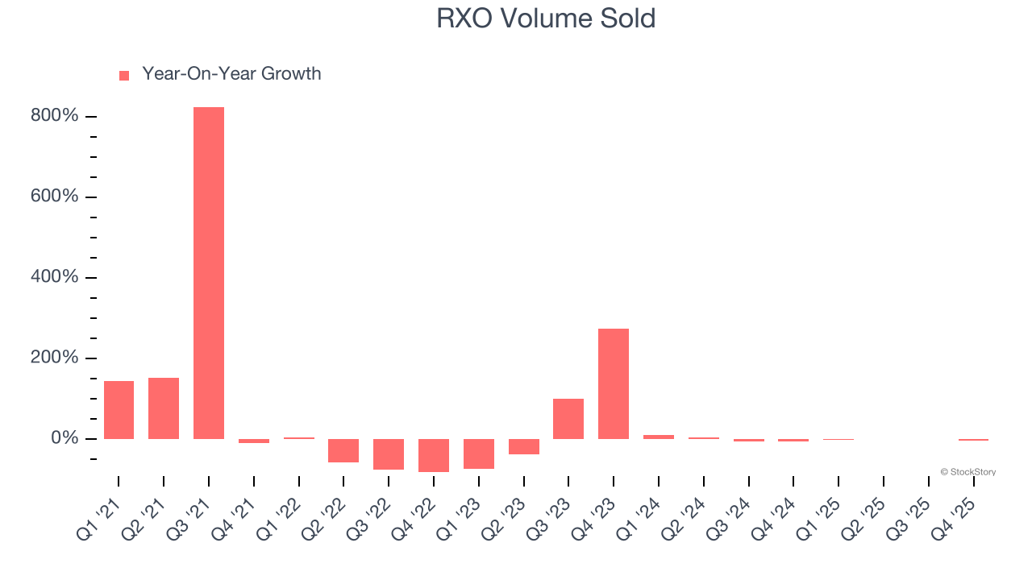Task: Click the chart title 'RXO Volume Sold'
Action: (546, 19)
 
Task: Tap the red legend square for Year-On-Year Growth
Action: (124, 76)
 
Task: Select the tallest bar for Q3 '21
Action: (209, 273)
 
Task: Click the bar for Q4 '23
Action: (614, 383)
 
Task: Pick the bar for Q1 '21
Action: (119, 410)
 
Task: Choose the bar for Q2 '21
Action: (164, 408)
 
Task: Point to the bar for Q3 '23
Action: (568, 419)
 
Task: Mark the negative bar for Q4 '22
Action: (434, 455)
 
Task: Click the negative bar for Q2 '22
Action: (343, 450)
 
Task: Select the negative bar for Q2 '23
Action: (524, 446)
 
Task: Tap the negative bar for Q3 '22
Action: (389, 454)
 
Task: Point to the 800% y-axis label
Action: (55, 116)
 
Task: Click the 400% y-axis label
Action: (55, 277)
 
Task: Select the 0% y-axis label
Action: (64, 438)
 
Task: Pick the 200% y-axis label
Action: (55, 358)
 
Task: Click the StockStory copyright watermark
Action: (967, 472)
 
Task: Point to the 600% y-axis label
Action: (55, 197)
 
